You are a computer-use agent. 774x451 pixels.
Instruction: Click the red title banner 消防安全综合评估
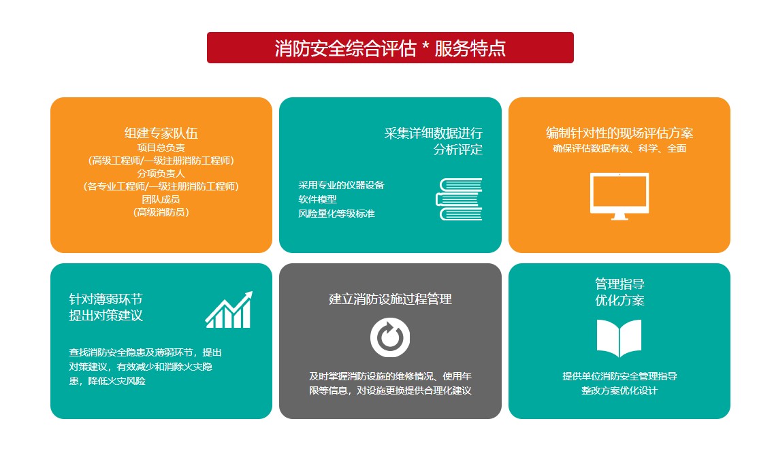tap(390, 48)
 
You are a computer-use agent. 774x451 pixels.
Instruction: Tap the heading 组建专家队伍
tap(161, 133)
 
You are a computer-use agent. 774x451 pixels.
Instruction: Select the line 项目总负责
tap(161, 147)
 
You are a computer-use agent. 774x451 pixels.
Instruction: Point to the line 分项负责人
tap(161, 173)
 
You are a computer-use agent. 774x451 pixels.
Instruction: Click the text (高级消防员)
tap(161, 212)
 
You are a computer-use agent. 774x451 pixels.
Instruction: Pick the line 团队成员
tap(161, 199)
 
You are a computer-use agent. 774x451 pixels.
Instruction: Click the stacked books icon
tap(459, 199)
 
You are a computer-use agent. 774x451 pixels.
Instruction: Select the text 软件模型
tap(317, 199)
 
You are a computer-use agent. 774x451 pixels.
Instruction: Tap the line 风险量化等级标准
tap(336, 214)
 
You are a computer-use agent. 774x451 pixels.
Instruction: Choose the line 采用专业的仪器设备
tap(341, 185)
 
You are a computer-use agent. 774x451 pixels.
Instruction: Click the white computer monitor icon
tap(619, 196)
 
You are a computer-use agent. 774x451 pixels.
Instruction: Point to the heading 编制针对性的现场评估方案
tap(619, 133)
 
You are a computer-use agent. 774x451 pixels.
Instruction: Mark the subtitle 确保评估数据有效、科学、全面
tap(619, 148)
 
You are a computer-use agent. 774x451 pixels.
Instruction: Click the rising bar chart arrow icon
tap(229, 310)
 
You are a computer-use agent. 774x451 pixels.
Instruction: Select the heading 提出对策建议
tap(106, 316)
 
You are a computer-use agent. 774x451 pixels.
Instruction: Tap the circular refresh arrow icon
tap(390, 337)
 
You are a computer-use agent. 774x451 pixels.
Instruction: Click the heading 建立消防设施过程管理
tap(390, 299)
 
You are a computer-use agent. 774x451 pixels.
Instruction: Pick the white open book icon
tap(619, 338)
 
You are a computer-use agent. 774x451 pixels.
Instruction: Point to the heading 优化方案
tap(619, 301)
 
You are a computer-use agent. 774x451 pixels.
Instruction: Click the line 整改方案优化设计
tap(619, 390)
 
